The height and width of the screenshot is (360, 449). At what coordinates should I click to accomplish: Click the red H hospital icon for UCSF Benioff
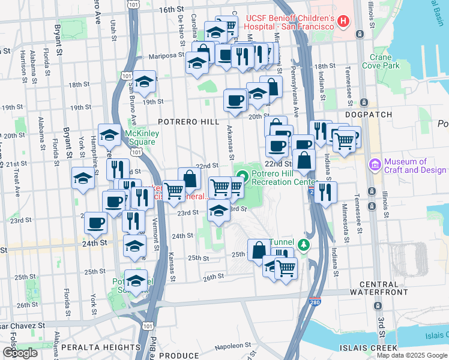point(343,22)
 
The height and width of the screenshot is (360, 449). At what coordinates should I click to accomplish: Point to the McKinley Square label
point(140,137)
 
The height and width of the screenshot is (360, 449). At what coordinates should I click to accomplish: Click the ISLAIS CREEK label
point(418,347)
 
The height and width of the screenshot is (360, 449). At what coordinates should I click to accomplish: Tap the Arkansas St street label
point(228,139)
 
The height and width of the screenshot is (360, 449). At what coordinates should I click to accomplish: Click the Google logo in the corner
point(20,353)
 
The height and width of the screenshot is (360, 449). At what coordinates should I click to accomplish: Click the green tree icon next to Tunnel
point(304,244)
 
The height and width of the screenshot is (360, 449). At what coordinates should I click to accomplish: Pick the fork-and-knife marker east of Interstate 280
point(326,192)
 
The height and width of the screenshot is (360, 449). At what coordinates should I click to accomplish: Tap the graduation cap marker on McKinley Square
point(109,137)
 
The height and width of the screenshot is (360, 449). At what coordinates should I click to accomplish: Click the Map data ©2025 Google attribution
point(412,355)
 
